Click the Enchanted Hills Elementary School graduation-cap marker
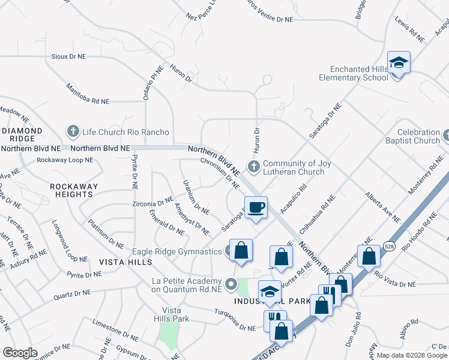pos(398,63)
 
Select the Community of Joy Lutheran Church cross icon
pos(253,167)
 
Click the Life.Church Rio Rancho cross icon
pos(73,131)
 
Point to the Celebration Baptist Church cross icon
pos(445,136)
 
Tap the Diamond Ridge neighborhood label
pos(22,134)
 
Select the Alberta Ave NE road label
pos(382,207)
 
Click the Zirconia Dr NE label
pos(152,203)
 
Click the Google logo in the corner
pos(20,353)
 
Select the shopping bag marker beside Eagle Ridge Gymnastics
pos(241,251)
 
